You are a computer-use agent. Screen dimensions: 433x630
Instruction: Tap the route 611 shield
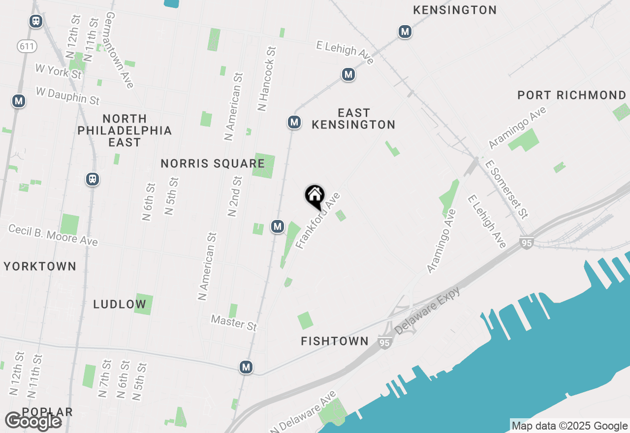coord(27,47)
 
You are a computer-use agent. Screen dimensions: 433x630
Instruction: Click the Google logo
coord(33,421)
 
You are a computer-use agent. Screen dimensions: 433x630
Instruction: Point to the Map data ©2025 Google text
coord(569,426)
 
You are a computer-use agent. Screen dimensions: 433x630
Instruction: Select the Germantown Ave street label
coord(119,49)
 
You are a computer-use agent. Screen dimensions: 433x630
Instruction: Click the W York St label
coord(58,71)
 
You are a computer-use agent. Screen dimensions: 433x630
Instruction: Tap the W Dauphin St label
coord(68,95)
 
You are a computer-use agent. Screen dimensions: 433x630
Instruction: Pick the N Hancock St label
coord(266,79)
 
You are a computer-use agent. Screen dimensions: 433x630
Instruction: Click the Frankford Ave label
coord(318,220)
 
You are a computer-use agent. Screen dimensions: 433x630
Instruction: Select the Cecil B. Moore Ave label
coord(53,235)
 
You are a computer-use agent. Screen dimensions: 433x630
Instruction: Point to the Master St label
coord(234,323)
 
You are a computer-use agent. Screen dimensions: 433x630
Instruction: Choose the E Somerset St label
coord(506,188)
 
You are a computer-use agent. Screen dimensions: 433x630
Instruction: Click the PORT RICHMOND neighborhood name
coord(571,95)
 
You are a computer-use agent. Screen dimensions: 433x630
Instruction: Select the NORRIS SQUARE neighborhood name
coord(213,163)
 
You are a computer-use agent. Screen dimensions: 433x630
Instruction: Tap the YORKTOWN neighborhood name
coord(40,266)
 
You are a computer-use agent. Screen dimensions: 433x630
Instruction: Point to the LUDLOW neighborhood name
coord(120,304)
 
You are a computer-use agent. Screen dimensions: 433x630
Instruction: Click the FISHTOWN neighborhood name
coord(335,341)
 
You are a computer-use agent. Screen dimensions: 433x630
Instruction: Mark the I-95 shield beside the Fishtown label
coord(385,342)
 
